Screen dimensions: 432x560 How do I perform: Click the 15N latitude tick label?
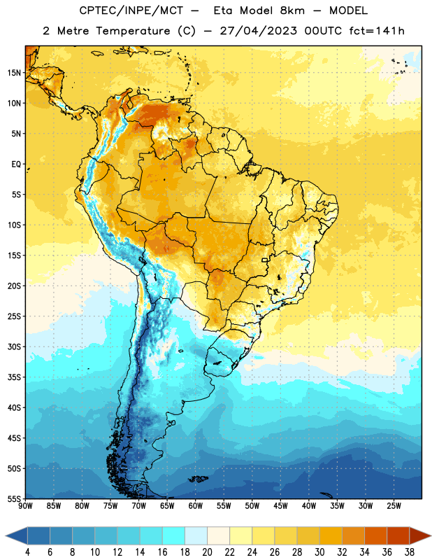(x=14, y=73)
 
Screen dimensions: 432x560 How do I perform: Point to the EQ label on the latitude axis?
(x=16, y=164)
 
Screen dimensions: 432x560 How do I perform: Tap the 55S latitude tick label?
(x=14, y=498)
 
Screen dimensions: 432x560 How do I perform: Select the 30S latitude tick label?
(x=14, y=346)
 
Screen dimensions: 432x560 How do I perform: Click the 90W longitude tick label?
(x=25, y=506)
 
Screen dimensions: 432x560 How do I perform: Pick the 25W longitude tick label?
(x=394, y=506)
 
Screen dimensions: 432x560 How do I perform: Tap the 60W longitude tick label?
(x=196, y=506)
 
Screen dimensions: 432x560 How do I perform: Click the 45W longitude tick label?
(x=280, y=506)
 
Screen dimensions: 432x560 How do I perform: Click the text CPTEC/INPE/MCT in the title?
(x=131, y=11)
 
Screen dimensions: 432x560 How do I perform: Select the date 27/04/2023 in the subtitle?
(x=258, y=31)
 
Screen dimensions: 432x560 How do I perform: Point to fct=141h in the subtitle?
(x=377, y=31)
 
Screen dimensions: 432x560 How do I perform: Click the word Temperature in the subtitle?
(x=133, y=31)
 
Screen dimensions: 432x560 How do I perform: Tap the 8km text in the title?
(x=292, y=11)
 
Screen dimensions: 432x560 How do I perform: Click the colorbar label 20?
(x=207, y=552)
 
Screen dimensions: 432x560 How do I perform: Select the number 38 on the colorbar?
(x=410, y=552)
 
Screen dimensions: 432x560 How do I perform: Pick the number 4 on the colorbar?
(x=27, y=552)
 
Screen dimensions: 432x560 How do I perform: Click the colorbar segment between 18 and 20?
(x=196, y=535)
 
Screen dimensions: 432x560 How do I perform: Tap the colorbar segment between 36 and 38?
(x=398, y=535)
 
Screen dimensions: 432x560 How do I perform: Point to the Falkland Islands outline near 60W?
(x=199, y=479)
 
